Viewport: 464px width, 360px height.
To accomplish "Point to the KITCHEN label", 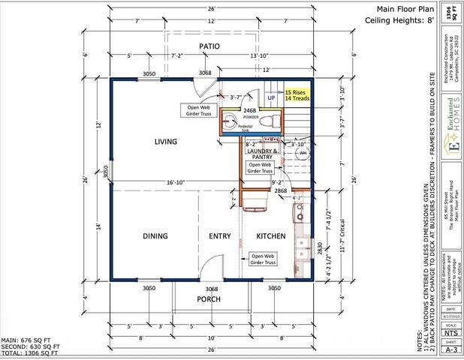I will click(x=271, y=236).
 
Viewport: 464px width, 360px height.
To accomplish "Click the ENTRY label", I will click(x=220, y=236).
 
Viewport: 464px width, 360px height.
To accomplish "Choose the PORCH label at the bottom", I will click(x=209, y=299).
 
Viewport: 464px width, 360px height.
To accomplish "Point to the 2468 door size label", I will click(x=249, y=110).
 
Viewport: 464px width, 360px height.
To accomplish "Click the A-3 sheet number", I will click(x=451, y=349).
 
